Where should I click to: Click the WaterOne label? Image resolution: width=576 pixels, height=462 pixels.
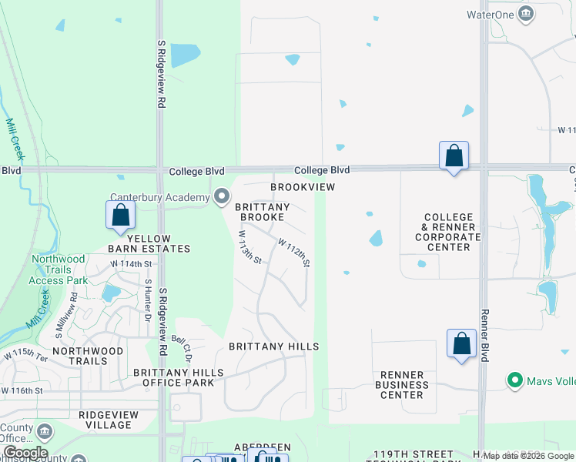pyautogui.click(x=490, y=15)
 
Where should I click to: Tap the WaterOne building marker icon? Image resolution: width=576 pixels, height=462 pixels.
pyautogui.click(x=527, y=14)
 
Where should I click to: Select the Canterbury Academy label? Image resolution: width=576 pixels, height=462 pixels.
pyautogui.click(x=160, y=196)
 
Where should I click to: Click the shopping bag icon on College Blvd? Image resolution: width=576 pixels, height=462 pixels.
pyautogui.click(x=454, y=156)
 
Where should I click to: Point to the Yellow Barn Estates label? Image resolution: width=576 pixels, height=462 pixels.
pyautogui.click(x=158, y=243)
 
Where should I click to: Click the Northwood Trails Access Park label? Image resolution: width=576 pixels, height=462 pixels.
pyautogui.click(x=58, y=269)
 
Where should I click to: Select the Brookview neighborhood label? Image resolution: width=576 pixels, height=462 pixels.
pyautogui.click(x=303, y=187)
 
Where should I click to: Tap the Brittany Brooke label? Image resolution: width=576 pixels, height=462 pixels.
pyautogui.click(x=262, y=212)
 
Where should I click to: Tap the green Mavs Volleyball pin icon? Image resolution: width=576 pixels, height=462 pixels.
pyautogui.click(x=515, y=380)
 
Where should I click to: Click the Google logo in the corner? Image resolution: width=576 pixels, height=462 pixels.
pyautogui.click(x=25, y=453)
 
